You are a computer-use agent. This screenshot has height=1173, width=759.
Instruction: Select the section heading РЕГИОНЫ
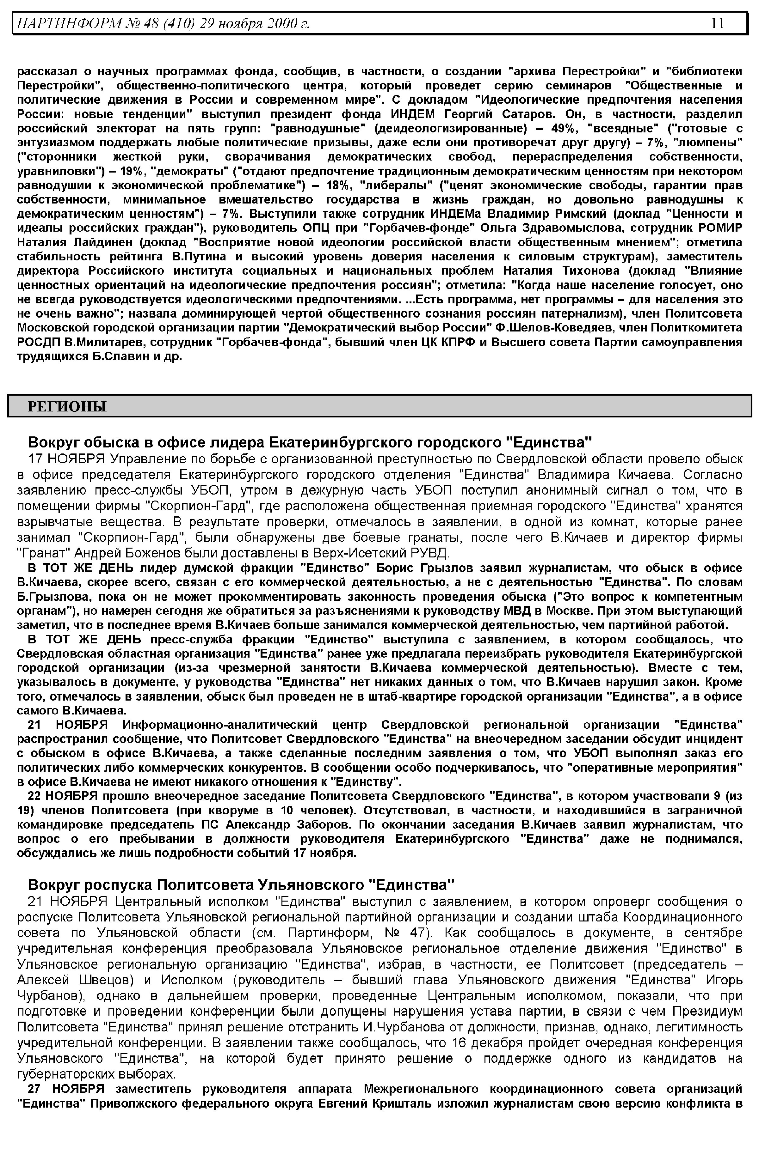(x=67, y=406)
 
